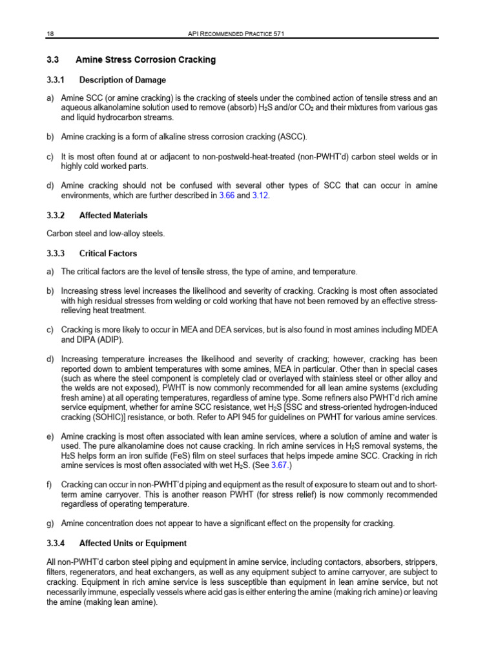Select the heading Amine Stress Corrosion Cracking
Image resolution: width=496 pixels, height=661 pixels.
pos(145,60)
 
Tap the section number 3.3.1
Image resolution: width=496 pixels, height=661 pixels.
pos(56,80)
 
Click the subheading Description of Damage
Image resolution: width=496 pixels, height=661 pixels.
pos(122,80)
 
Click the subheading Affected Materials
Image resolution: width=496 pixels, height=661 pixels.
pos(113,216)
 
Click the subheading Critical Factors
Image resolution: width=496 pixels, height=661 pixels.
pos(108,254)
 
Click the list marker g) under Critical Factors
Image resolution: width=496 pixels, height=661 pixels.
pos(50,522)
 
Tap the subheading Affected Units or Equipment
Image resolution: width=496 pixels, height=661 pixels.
pos(132,542)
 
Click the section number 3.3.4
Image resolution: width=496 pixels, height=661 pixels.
pos(56,542)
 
